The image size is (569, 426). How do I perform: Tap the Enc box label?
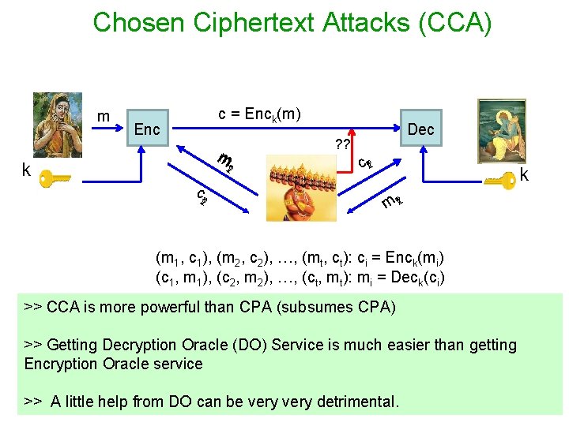coord(147,129)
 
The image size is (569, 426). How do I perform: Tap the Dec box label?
coord(421,129)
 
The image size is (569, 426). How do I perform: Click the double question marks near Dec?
coord(342,144)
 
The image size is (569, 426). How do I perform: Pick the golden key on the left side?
coord(57,177)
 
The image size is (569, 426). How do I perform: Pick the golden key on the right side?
coord(500,181)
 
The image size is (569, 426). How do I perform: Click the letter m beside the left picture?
coord(103,117)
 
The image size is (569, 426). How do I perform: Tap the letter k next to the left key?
coord(27,171)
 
